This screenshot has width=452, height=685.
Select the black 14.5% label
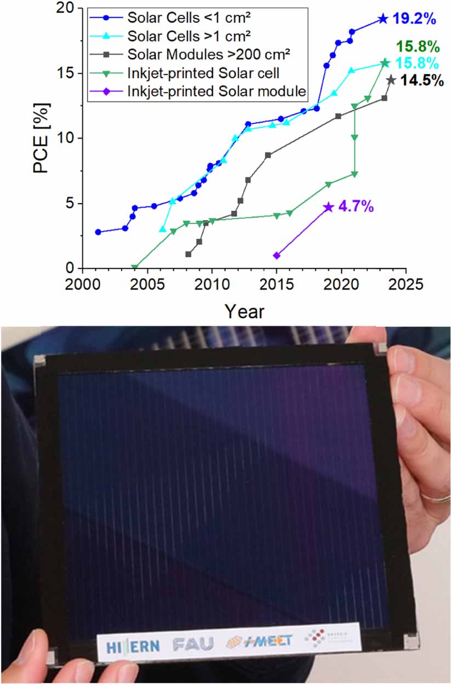coord(422,81)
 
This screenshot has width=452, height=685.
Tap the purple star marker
coord(328,207)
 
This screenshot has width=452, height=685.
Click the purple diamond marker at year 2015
coord(277,256)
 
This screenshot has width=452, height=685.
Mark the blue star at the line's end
coord(382,19)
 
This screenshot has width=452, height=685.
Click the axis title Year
coord(244,311)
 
